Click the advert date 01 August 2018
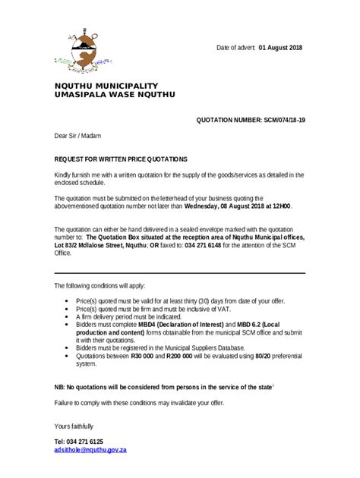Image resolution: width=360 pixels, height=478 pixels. [x=280, y=48]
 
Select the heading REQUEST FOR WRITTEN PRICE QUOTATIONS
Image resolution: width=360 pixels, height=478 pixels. [x=120, y=159]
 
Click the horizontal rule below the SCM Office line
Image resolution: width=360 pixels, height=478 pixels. [x=179, y=272]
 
